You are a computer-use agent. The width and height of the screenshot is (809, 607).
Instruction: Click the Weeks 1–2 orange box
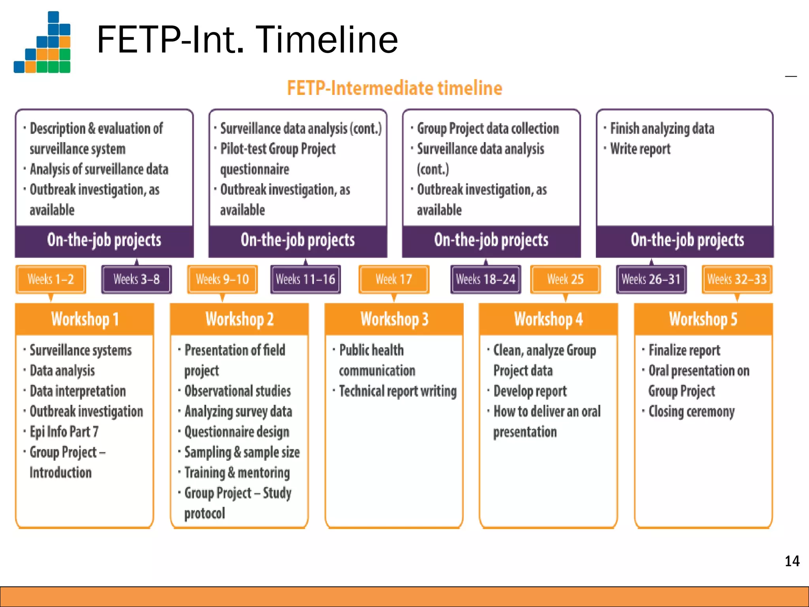(51, 279)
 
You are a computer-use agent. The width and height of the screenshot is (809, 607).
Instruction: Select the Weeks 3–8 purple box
(136, 279)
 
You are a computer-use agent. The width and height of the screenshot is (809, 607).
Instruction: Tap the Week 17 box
(393, 279)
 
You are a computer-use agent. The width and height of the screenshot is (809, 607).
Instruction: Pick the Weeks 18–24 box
(485, 279)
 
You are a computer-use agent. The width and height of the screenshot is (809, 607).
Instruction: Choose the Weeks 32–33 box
(737, 279)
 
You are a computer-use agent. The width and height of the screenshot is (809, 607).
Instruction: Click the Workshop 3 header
(394, 319)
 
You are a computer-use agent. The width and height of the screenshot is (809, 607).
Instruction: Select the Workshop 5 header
(703, 319)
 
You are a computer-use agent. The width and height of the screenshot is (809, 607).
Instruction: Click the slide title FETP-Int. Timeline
(247, 40)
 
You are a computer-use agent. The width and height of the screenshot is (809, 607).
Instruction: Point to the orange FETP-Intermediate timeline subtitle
(394, 88)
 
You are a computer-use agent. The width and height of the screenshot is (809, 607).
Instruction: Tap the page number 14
(792, 561)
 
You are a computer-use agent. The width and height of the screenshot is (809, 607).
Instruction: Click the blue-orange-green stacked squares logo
(43, 43)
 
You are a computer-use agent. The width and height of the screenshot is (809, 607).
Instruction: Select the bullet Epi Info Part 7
(64, 432)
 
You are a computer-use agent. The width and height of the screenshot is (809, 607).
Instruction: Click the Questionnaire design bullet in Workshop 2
(237, 432)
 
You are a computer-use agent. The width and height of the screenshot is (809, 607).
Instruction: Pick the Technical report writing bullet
(397, 391)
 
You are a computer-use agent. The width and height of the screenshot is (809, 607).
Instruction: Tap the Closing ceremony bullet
(691, 411)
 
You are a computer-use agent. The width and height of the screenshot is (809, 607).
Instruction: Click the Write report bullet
(640, 149)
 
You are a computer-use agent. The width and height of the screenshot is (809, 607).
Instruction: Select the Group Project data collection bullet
(488, 128)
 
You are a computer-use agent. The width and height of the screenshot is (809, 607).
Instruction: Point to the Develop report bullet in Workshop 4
(530, 391)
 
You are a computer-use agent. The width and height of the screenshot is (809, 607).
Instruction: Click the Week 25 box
(565, 279)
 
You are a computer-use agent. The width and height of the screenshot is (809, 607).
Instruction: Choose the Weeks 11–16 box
(305, 279)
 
